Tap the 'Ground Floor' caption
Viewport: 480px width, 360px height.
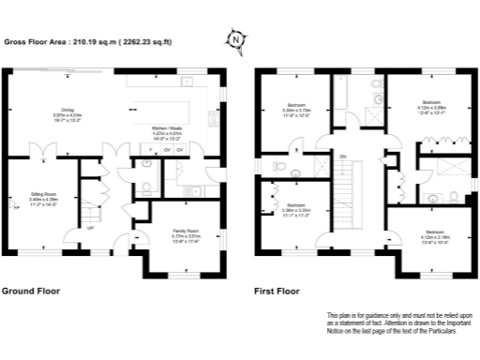click(x=31, y=292)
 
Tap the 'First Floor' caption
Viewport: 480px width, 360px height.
click(x=277, y=292)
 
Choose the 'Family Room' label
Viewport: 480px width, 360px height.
click(x=185, y=232)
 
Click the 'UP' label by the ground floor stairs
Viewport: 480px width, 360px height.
click(x=90, y=228)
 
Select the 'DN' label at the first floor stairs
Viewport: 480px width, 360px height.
click(x=342, y=156)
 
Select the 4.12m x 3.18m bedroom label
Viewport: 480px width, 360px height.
click(x=434, y=234)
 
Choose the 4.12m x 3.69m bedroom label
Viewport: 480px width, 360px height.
click(x=431, y=104)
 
